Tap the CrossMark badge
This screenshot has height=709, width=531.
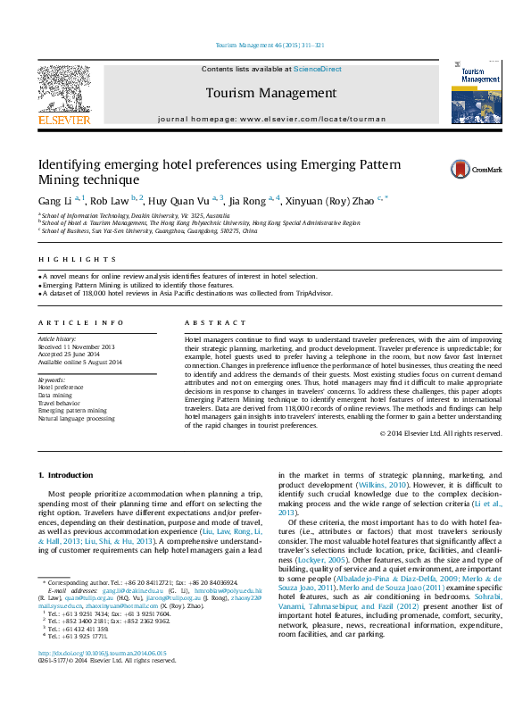pos(488,168)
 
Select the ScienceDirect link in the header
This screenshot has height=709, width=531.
pos(319,69)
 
